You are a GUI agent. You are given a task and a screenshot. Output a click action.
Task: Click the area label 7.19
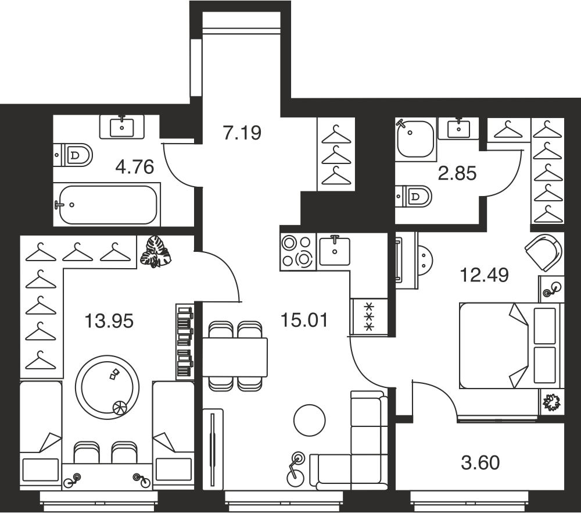tap(242, 133)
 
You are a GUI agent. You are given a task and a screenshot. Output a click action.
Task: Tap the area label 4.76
tap(135, 167)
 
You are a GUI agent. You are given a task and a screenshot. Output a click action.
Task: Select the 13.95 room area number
tap(109, 321)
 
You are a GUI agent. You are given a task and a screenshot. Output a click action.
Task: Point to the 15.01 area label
tap(304, 320)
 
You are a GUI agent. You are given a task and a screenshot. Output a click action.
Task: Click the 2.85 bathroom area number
tap(457, 173)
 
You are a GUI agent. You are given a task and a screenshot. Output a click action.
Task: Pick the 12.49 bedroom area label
tap(485, 275)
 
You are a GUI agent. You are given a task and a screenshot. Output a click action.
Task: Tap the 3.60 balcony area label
tap(480, 462)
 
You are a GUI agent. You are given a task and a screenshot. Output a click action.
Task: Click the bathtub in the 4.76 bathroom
tap(107, 204)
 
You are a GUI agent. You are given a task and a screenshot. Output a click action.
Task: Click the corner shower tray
tap(415, 140)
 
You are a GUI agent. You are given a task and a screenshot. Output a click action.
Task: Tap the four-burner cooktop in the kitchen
tap(298, 251)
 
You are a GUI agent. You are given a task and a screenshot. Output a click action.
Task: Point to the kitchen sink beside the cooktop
tap(335, 251)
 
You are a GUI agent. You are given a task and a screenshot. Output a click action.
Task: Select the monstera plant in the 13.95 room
tap(156, 251)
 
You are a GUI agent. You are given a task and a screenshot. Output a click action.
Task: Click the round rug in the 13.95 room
tap(107, 387)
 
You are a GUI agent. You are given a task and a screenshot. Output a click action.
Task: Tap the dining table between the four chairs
tap(235, 357)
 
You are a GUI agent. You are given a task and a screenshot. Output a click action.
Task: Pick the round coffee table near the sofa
tap(310, 421)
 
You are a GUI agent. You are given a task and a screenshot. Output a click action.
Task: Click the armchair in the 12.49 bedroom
tap(544, 254)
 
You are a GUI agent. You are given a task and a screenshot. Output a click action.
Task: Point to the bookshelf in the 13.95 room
tap(185, 342)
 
